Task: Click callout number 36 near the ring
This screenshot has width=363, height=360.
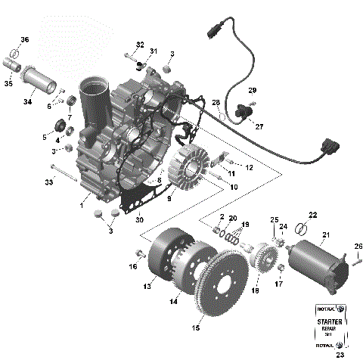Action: click(x=24, y=39)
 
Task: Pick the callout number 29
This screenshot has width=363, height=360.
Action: click(x=253, y=90)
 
